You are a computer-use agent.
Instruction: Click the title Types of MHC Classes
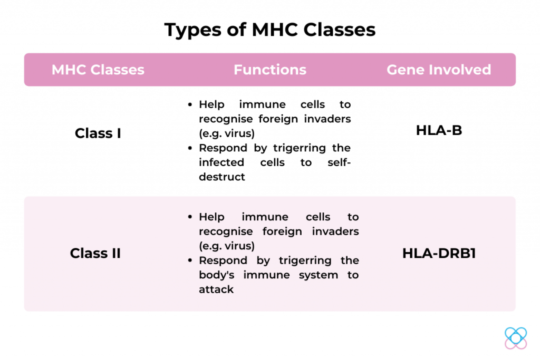pyautogui.click(x=269, y=30)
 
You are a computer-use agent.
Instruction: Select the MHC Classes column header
pyautogui.click(x=98, y=70)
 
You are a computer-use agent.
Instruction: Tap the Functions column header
pyautogui.click(x=270, y=70)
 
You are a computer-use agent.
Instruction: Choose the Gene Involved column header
pyautogui.click(x=439, y=70)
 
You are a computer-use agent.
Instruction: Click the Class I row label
pyautogui.click(x=98, y=133)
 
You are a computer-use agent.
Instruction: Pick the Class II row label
pyautogui.click(x=95, y=254)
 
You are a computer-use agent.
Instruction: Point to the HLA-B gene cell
pyautogui.click(x=439, y=130)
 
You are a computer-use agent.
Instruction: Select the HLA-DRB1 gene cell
pyautogui.click(x=439, y=254)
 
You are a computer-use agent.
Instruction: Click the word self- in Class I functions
pyautogui.click(x=339, y=162)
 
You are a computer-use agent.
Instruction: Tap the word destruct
pyautogui.click(x=222, y=177)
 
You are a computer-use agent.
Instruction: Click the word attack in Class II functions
pyautogui.click(x=216, y=289)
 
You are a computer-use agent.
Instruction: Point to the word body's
pyautogui.click(x=217, y=275)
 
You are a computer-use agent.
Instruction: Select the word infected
pyautogui.click(x=221, y=162)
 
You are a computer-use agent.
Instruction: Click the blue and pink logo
pyautogui.click(x=516, y=338)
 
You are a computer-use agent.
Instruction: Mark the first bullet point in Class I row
pyautogui.click(x=190, y=104)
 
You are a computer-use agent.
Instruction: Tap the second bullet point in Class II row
pyautogui.click(x=190, y=260)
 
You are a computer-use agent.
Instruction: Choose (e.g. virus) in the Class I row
pyautogui.click(x=227, y=133)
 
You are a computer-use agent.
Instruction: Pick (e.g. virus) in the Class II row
pyautogui.click(x=227, y=246)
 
